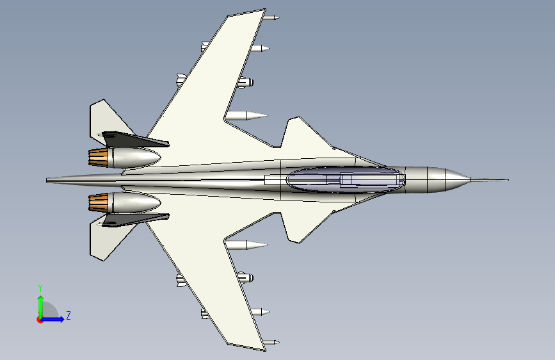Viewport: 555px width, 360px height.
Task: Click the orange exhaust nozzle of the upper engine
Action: [x=99, y=158]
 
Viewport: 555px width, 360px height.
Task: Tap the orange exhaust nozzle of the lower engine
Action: [x=99, y=203]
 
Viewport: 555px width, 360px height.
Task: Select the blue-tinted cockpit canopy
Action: [x=346, y=179]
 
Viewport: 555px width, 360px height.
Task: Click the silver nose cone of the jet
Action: [x=449, y=179]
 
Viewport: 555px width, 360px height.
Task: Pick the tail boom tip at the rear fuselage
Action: [x=47, y=181]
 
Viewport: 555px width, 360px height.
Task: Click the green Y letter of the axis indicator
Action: [x=40, y=288]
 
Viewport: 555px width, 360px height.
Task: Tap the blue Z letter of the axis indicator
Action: [x=68, y=315]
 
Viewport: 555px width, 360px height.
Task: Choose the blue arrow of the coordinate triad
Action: [x=53, y=319]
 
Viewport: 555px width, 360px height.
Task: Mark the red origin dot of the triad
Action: [x=40, y=320]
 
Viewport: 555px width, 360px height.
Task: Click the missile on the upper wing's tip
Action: [x=271, y=17]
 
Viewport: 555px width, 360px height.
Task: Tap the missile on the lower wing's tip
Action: [x=271, y=343]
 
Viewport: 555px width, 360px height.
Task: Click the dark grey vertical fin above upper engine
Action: [x=134, y=139]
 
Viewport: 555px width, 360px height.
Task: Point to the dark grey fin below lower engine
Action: [x=134, y=220]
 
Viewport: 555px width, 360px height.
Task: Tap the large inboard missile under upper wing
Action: [x=246, y=115]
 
